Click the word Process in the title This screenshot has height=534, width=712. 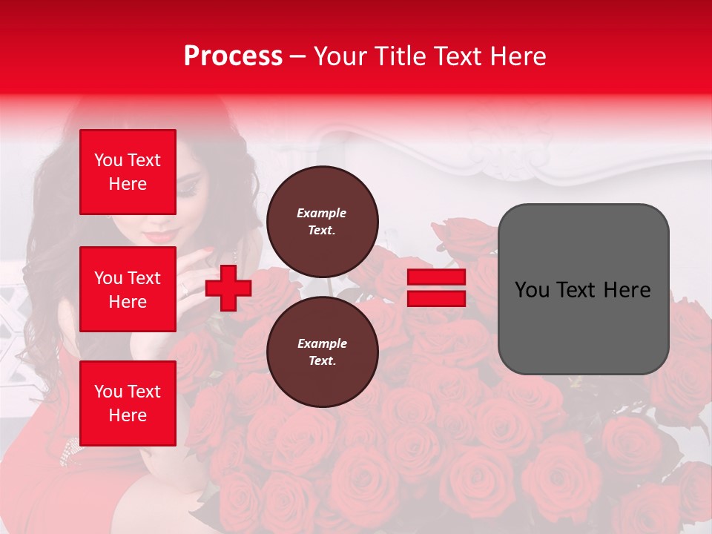(233, 56)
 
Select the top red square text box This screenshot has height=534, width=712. (128, 172)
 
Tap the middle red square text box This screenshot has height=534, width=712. (128, 289)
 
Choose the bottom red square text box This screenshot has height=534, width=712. (128, 403)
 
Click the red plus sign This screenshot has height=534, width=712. (228, 289)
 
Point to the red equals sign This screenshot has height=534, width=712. (436, 288)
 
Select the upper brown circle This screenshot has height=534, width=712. (323, 221)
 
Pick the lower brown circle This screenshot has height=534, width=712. (323, 352)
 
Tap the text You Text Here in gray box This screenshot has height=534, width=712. (582, 290)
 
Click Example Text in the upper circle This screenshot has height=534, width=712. (322, 222)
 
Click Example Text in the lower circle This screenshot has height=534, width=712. (322, 352)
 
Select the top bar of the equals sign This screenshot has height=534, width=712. (436, 277)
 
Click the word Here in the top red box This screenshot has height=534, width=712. (128, 184)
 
